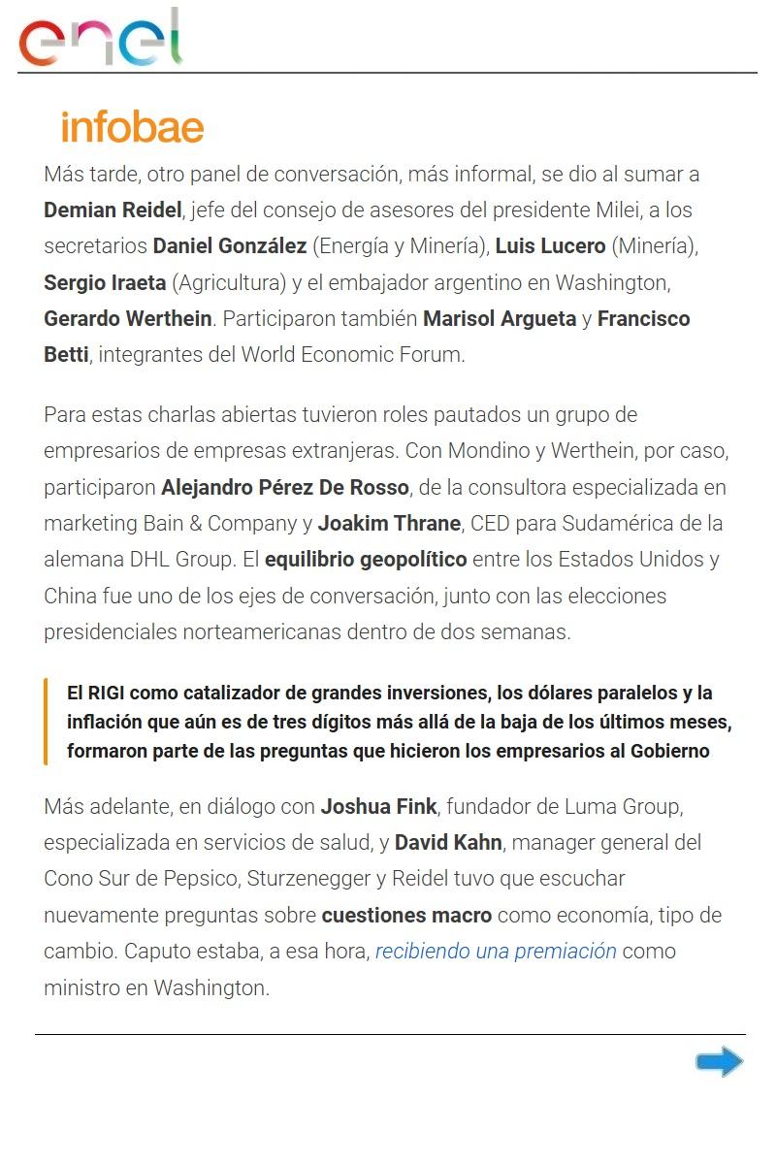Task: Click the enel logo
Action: [101, 38]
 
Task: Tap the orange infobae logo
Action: [132, 127]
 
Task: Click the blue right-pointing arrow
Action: [719, 1062]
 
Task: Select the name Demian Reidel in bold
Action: [113, 210]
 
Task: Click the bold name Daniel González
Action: [229, 246]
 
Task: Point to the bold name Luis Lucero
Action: [550, 246]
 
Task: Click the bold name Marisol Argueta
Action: [500, 319]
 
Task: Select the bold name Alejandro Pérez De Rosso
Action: [285, 487]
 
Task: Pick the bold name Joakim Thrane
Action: [389, 524]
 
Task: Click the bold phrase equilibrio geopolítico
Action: [366, 560]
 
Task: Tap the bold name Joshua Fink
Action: [379, 806]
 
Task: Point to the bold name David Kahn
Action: [448, 842]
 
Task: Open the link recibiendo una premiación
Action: [496, 951]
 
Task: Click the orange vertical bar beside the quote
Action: [46, 722]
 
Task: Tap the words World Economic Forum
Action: [353, 355]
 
